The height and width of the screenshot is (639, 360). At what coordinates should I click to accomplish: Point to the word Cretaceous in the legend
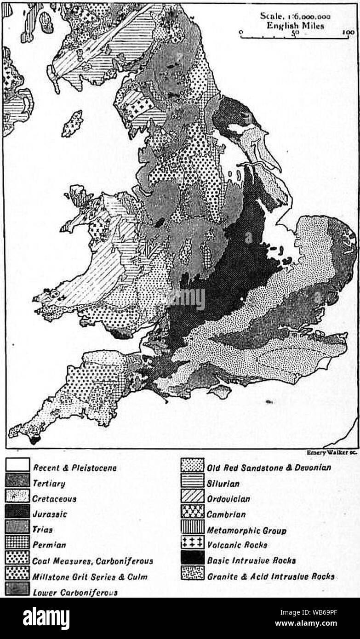point(54,498)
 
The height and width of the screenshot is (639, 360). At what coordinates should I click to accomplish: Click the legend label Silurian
point(223,483)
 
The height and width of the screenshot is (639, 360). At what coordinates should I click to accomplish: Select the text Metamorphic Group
point(246,530)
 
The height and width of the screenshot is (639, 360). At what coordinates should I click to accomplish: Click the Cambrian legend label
point(226,514)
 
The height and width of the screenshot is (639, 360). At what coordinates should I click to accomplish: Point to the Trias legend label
point(42,530)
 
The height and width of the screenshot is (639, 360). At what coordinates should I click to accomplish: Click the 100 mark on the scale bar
point(349,32)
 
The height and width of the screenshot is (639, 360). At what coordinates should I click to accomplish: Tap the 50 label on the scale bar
point(294,33)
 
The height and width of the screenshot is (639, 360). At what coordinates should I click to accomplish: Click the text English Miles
point(295,25)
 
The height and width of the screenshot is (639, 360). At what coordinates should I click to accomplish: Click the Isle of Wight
point(220,391)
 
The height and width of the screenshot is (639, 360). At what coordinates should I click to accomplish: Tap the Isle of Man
point(72,123)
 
